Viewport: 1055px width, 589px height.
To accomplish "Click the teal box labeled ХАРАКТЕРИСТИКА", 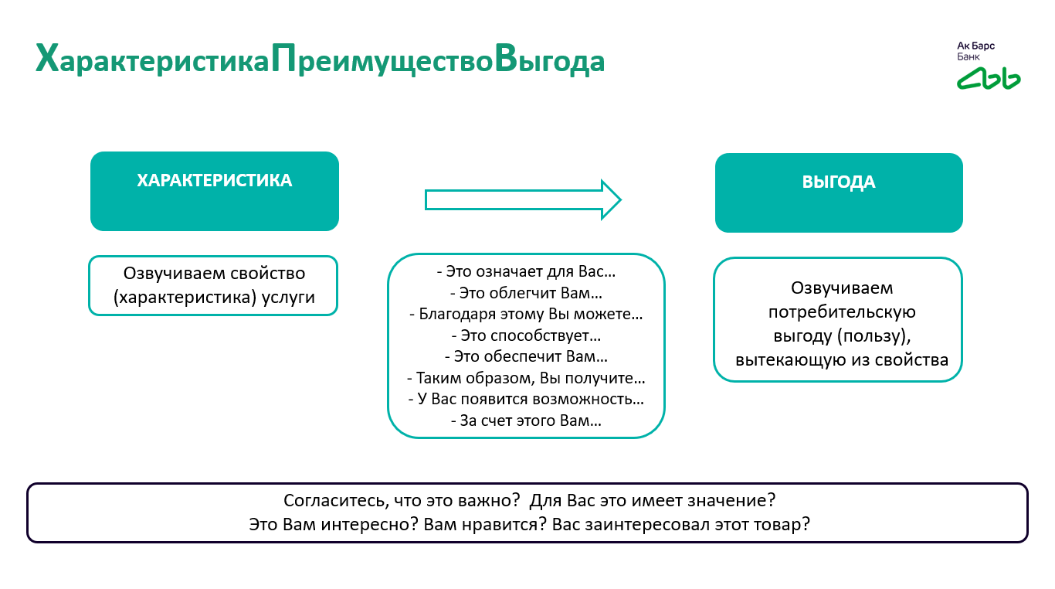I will coord(215,191).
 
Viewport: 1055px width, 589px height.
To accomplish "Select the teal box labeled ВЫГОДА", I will coord(839,192).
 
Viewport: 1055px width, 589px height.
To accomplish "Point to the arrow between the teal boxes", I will coord(523,200).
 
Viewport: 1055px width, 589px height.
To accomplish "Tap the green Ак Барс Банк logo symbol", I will coord(989,77).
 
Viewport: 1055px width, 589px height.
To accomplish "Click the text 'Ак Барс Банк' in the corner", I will coord(975,51).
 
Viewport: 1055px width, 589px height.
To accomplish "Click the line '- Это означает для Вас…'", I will coord(526,272).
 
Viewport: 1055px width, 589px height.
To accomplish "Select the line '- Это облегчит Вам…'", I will coord(526,294).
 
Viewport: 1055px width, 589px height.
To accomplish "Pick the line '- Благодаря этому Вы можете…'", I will coord(526,315).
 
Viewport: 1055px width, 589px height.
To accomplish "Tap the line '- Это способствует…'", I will coord(526,336).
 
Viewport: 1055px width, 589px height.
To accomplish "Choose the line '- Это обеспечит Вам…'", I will coord(526,357).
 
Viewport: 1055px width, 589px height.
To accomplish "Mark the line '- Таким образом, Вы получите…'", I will coord(526,379).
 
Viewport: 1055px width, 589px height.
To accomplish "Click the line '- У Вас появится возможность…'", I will coord(526,400).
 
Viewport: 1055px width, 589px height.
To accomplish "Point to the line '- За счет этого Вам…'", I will coord(526,421).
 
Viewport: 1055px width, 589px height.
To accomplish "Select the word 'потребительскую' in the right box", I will coord(841,312).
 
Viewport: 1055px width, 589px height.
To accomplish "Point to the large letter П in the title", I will coord(283,60).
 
